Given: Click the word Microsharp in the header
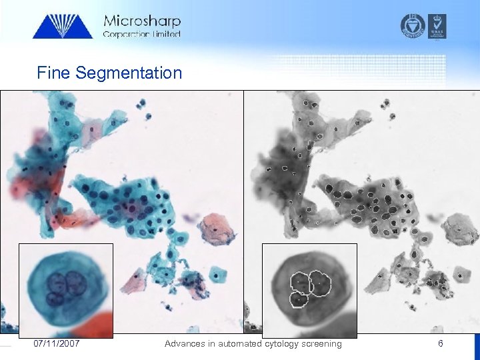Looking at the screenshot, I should (142, 21).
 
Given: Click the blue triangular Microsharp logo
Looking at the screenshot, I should (63, 26).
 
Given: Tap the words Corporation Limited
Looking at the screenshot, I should (141, 34).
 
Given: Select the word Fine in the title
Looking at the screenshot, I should (55, 73).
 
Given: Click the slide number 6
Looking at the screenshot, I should (440, 343).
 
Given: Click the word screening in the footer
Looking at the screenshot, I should (321, 343).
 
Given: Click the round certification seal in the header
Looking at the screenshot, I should (413, 25).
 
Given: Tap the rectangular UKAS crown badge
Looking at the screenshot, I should (438, 25).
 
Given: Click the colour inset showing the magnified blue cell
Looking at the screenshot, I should (66, 290).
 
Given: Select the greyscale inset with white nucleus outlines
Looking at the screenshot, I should (309, 290).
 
